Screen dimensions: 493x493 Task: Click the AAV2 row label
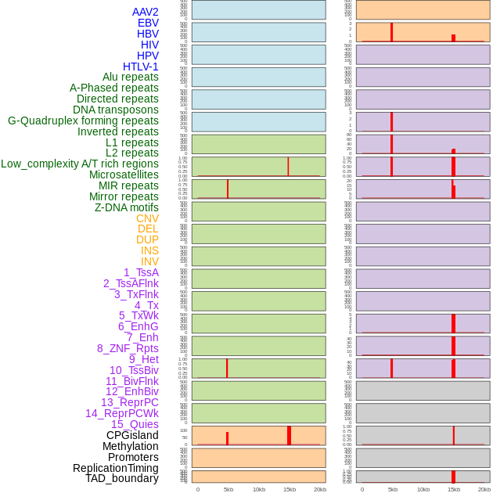tap(146, 12)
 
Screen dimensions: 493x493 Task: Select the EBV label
tap(148, 23)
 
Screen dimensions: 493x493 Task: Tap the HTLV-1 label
tap(141, 67)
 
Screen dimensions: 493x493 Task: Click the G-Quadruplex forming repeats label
tap(83, 121)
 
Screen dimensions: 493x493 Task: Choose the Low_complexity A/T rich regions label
tap(80, 164)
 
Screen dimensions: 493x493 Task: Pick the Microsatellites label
tap(124, 175)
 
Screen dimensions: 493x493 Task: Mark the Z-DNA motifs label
tap(127, 207)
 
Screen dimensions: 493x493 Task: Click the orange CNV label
tap(147, 218)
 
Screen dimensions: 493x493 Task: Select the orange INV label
tap(149, 261)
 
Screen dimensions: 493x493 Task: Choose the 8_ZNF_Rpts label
tap(128, 348)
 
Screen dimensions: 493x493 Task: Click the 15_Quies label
tap(135, 424)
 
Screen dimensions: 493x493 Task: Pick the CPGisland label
tap(132, 435)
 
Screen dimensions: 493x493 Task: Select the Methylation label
tap(130, 446)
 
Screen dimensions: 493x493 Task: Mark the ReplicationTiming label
tap(115, 468)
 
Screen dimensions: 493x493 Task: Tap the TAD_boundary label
tap(122, 478)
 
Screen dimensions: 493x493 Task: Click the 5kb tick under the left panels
tap(229, 489)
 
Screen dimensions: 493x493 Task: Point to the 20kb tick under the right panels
tap(484, 489)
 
